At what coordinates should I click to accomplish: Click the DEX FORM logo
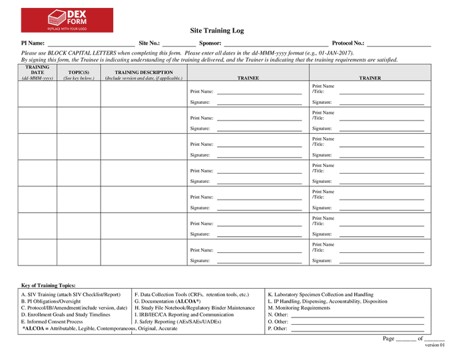tap(67, 20)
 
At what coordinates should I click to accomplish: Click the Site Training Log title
tap(217, 31)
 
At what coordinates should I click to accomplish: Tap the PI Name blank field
tap(91, 43)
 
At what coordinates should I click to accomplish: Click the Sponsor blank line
tap(275, 43)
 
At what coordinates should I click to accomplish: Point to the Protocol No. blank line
tap(399, 43)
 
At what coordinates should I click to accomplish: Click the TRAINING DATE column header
tap(37, 73)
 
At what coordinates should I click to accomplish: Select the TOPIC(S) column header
tap(79, 73)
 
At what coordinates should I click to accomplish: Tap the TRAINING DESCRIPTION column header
tap(144, 73)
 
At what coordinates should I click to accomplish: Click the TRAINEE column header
tap(248, 78)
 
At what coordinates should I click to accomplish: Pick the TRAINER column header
tap(370, 78)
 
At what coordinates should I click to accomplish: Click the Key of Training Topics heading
tap(49, 285)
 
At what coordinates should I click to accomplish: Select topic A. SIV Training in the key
tap(71, 294)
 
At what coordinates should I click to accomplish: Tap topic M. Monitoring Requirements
tap(299, 308)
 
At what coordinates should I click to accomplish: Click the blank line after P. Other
tap(357, 329)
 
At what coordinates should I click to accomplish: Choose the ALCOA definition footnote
tap(100, 329)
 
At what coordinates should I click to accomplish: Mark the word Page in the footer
tap(389, 339)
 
